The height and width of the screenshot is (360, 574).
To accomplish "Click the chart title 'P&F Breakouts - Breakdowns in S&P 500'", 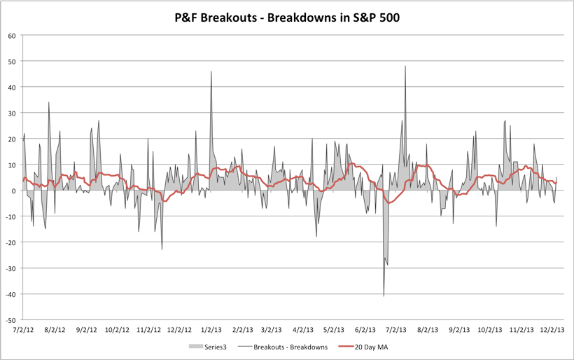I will click(x=287, y=18).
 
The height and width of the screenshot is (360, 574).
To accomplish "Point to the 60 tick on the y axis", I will click(x=12, y=36).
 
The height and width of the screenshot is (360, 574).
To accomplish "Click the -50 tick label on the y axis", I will click(x=10, y=319).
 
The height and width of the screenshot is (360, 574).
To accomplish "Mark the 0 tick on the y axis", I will click(x=14, y=191).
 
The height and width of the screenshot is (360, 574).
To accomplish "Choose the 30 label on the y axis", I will click(x=12, y=113).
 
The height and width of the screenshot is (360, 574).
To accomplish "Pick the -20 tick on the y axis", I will click(x=10, y=242).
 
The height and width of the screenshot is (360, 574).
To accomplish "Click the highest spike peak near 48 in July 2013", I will click(x=405, y=67).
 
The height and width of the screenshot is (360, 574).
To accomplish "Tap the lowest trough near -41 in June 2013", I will click(x=384, y=296).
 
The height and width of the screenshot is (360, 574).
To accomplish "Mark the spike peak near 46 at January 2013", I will click(x=211, y=71).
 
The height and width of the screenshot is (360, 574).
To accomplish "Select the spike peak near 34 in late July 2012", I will click(x=48, y=103).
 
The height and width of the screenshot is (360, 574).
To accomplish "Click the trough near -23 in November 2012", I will click(x=162, y=249).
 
